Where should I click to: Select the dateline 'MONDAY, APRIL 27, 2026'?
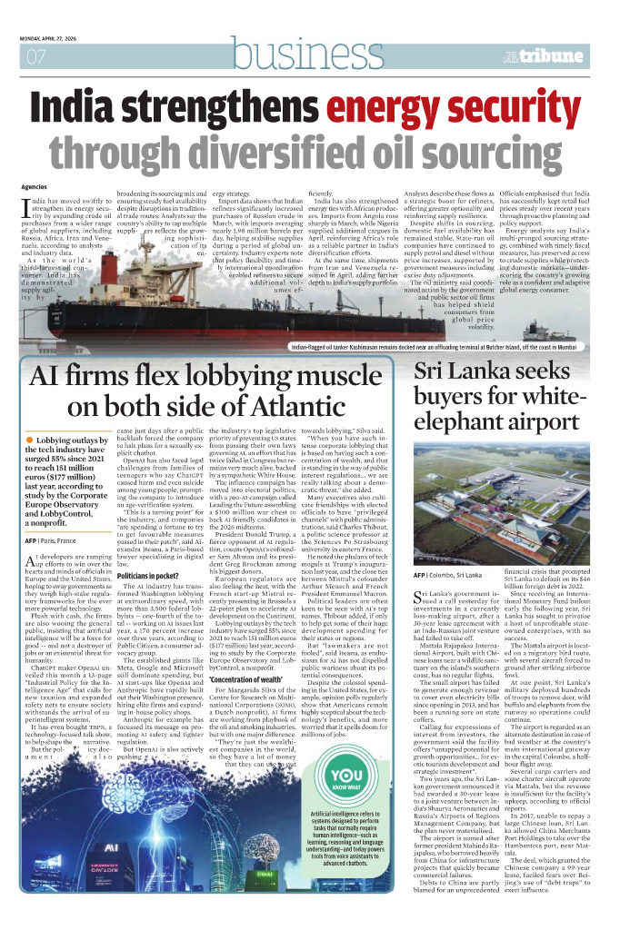pyautogui.click(x=54, y=37)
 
